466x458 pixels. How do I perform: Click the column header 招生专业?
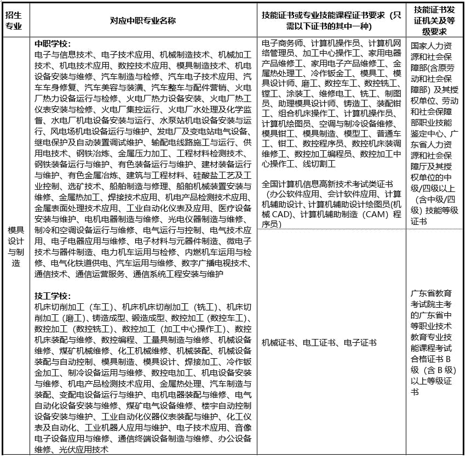pos(14,20)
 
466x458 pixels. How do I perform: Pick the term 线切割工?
pos(318,164)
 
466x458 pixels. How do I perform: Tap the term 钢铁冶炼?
pos(99,153)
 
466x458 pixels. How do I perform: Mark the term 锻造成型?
pos(149,318)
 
